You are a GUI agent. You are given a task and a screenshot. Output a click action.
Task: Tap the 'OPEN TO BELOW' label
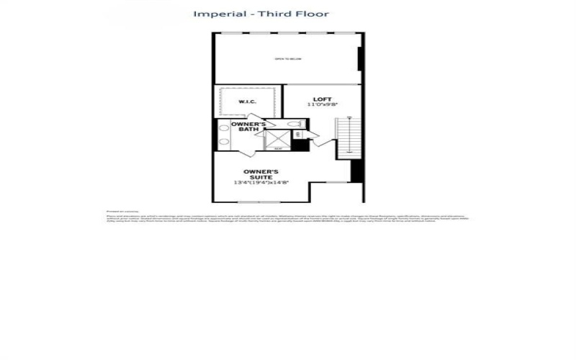(x=287, y=58)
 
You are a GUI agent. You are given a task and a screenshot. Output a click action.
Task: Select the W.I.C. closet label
(x=247, y=102)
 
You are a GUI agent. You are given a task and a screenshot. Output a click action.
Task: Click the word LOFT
(x=321, y=99)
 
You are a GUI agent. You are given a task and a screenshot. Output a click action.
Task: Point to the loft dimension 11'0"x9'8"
(x=321, y=105)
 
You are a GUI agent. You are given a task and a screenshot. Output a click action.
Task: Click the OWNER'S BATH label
(x=248, y=127)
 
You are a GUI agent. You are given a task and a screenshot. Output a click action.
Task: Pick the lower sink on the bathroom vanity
(x=223, y=142)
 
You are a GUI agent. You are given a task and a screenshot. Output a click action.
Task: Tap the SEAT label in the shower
(x=278, y=149)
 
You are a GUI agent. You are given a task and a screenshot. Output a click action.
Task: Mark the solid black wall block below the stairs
(x=356, y=171)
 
